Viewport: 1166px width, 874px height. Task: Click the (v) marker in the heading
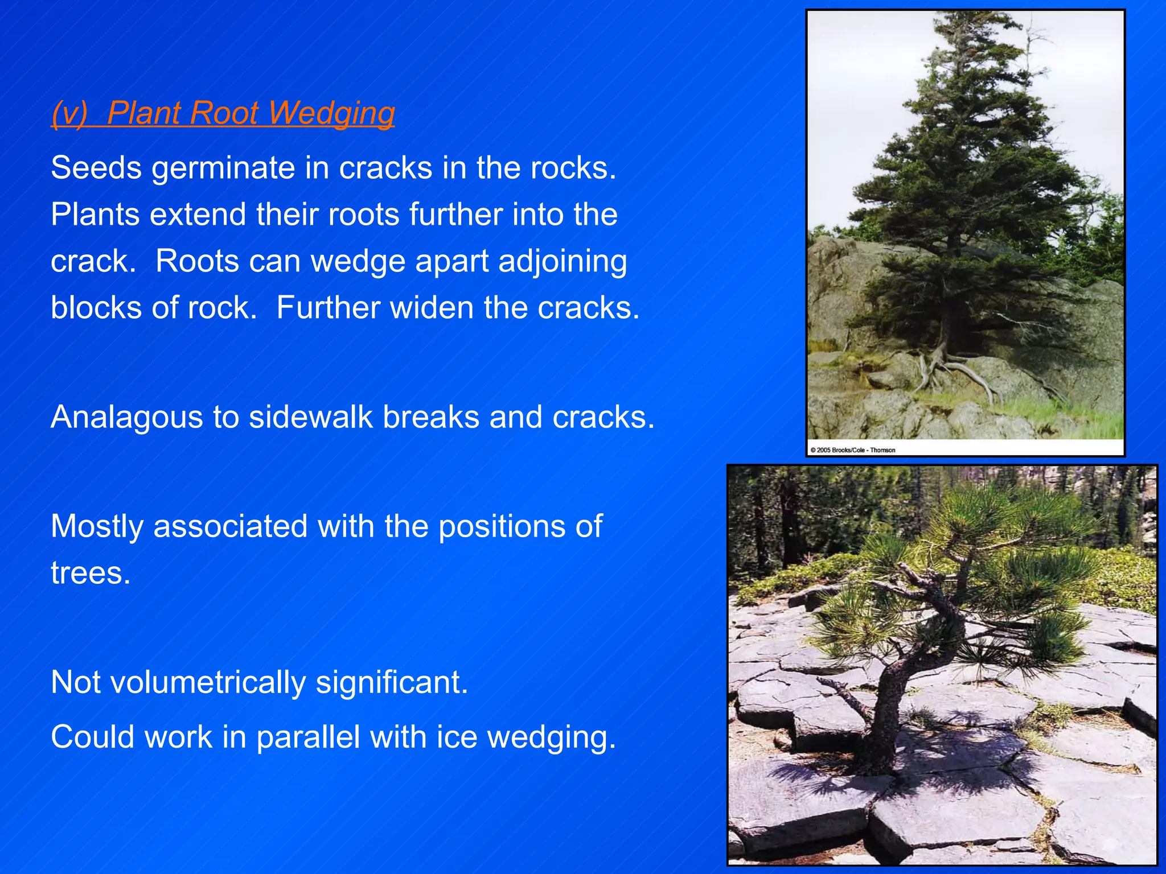[x=69, y=113]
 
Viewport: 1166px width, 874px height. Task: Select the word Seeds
[x=96, y=168]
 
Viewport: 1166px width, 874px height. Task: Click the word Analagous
[x=127, y=417]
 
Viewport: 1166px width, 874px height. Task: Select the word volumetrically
[x=208, y=682]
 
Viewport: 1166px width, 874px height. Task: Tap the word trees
[x=90, y=573]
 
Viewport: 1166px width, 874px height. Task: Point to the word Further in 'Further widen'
[x=328, y=308]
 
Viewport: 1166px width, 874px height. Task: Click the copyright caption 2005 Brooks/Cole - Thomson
[x=852, y=450]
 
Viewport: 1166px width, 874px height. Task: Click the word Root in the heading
[x=223, y=113]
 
